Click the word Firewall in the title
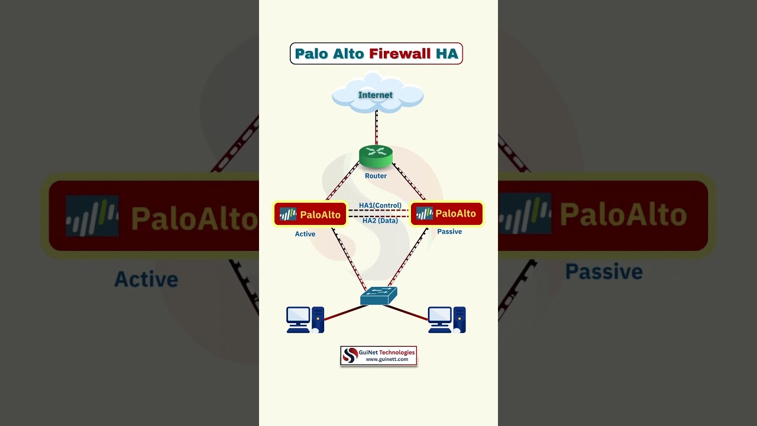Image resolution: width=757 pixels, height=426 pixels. [x=400, y=54]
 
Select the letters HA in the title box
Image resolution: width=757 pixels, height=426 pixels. [x=447, y=54]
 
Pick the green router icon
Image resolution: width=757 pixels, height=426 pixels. [x=376, y=156]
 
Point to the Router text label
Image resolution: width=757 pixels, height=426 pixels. [x=376, y=176]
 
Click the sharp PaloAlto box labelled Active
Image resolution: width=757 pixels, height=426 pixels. [x=310, y=214]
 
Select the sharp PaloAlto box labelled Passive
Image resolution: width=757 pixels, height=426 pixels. [x=447, y=214]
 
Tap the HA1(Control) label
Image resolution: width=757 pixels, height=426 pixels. [x=380, y=205]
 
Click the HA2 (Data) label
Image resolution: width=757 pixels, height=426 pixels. [x=380, y=221]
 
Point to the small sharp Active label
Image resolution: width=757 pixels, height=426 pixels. [x=305, y=234]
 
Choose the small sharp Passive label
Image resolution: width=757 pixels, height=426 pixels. [x=449, y=231]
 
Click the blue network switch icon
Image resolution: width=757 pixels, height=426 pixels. [x=378, y=296]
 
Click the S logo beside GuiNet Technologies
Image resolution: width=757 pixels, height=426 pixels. [x=350, y=355]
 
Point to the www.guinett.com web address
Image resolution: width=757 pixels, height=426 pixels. [x=387, y=359]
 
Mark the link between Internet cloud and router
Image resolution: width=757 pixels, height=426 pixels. [x=376, y=127]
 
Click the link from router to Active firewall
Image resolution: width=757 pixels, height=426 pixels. [x=342, y=182]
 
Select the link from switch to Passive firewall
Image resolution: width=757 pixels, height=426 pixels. [x=407, y=258]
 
